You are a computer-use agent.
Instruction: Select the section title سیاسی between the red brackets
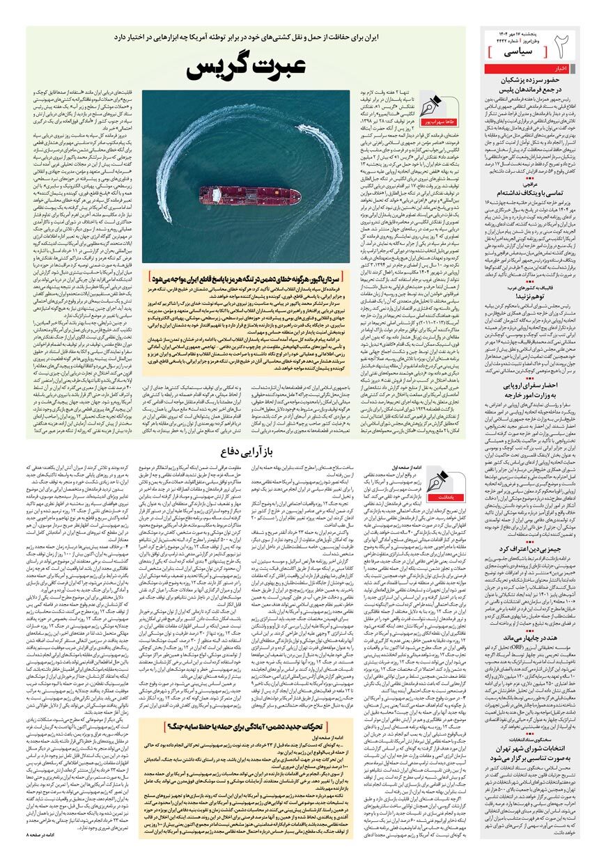coord(522,52)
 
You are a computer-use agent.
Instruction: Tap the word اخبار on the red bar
coord(561,69)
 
